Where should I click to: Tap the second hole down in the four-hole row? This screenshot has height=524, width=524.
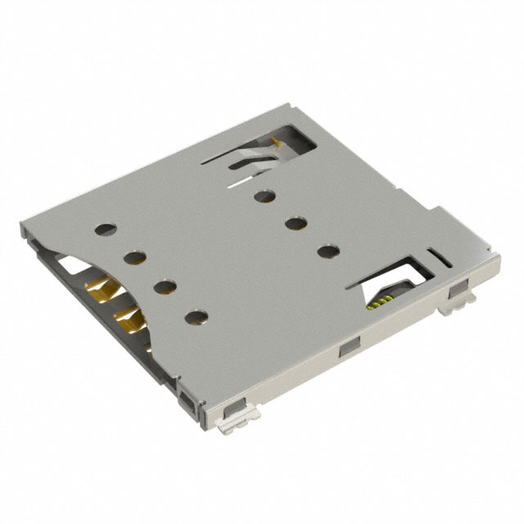point(133,259)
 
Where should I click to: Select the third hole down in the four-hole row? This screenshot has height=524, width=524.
point(164,287)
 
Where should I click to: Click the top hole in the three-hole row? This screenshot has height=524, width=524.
point(264,195)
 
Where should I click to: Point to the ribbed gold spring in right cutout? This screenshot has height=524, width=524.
point(378,302)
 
